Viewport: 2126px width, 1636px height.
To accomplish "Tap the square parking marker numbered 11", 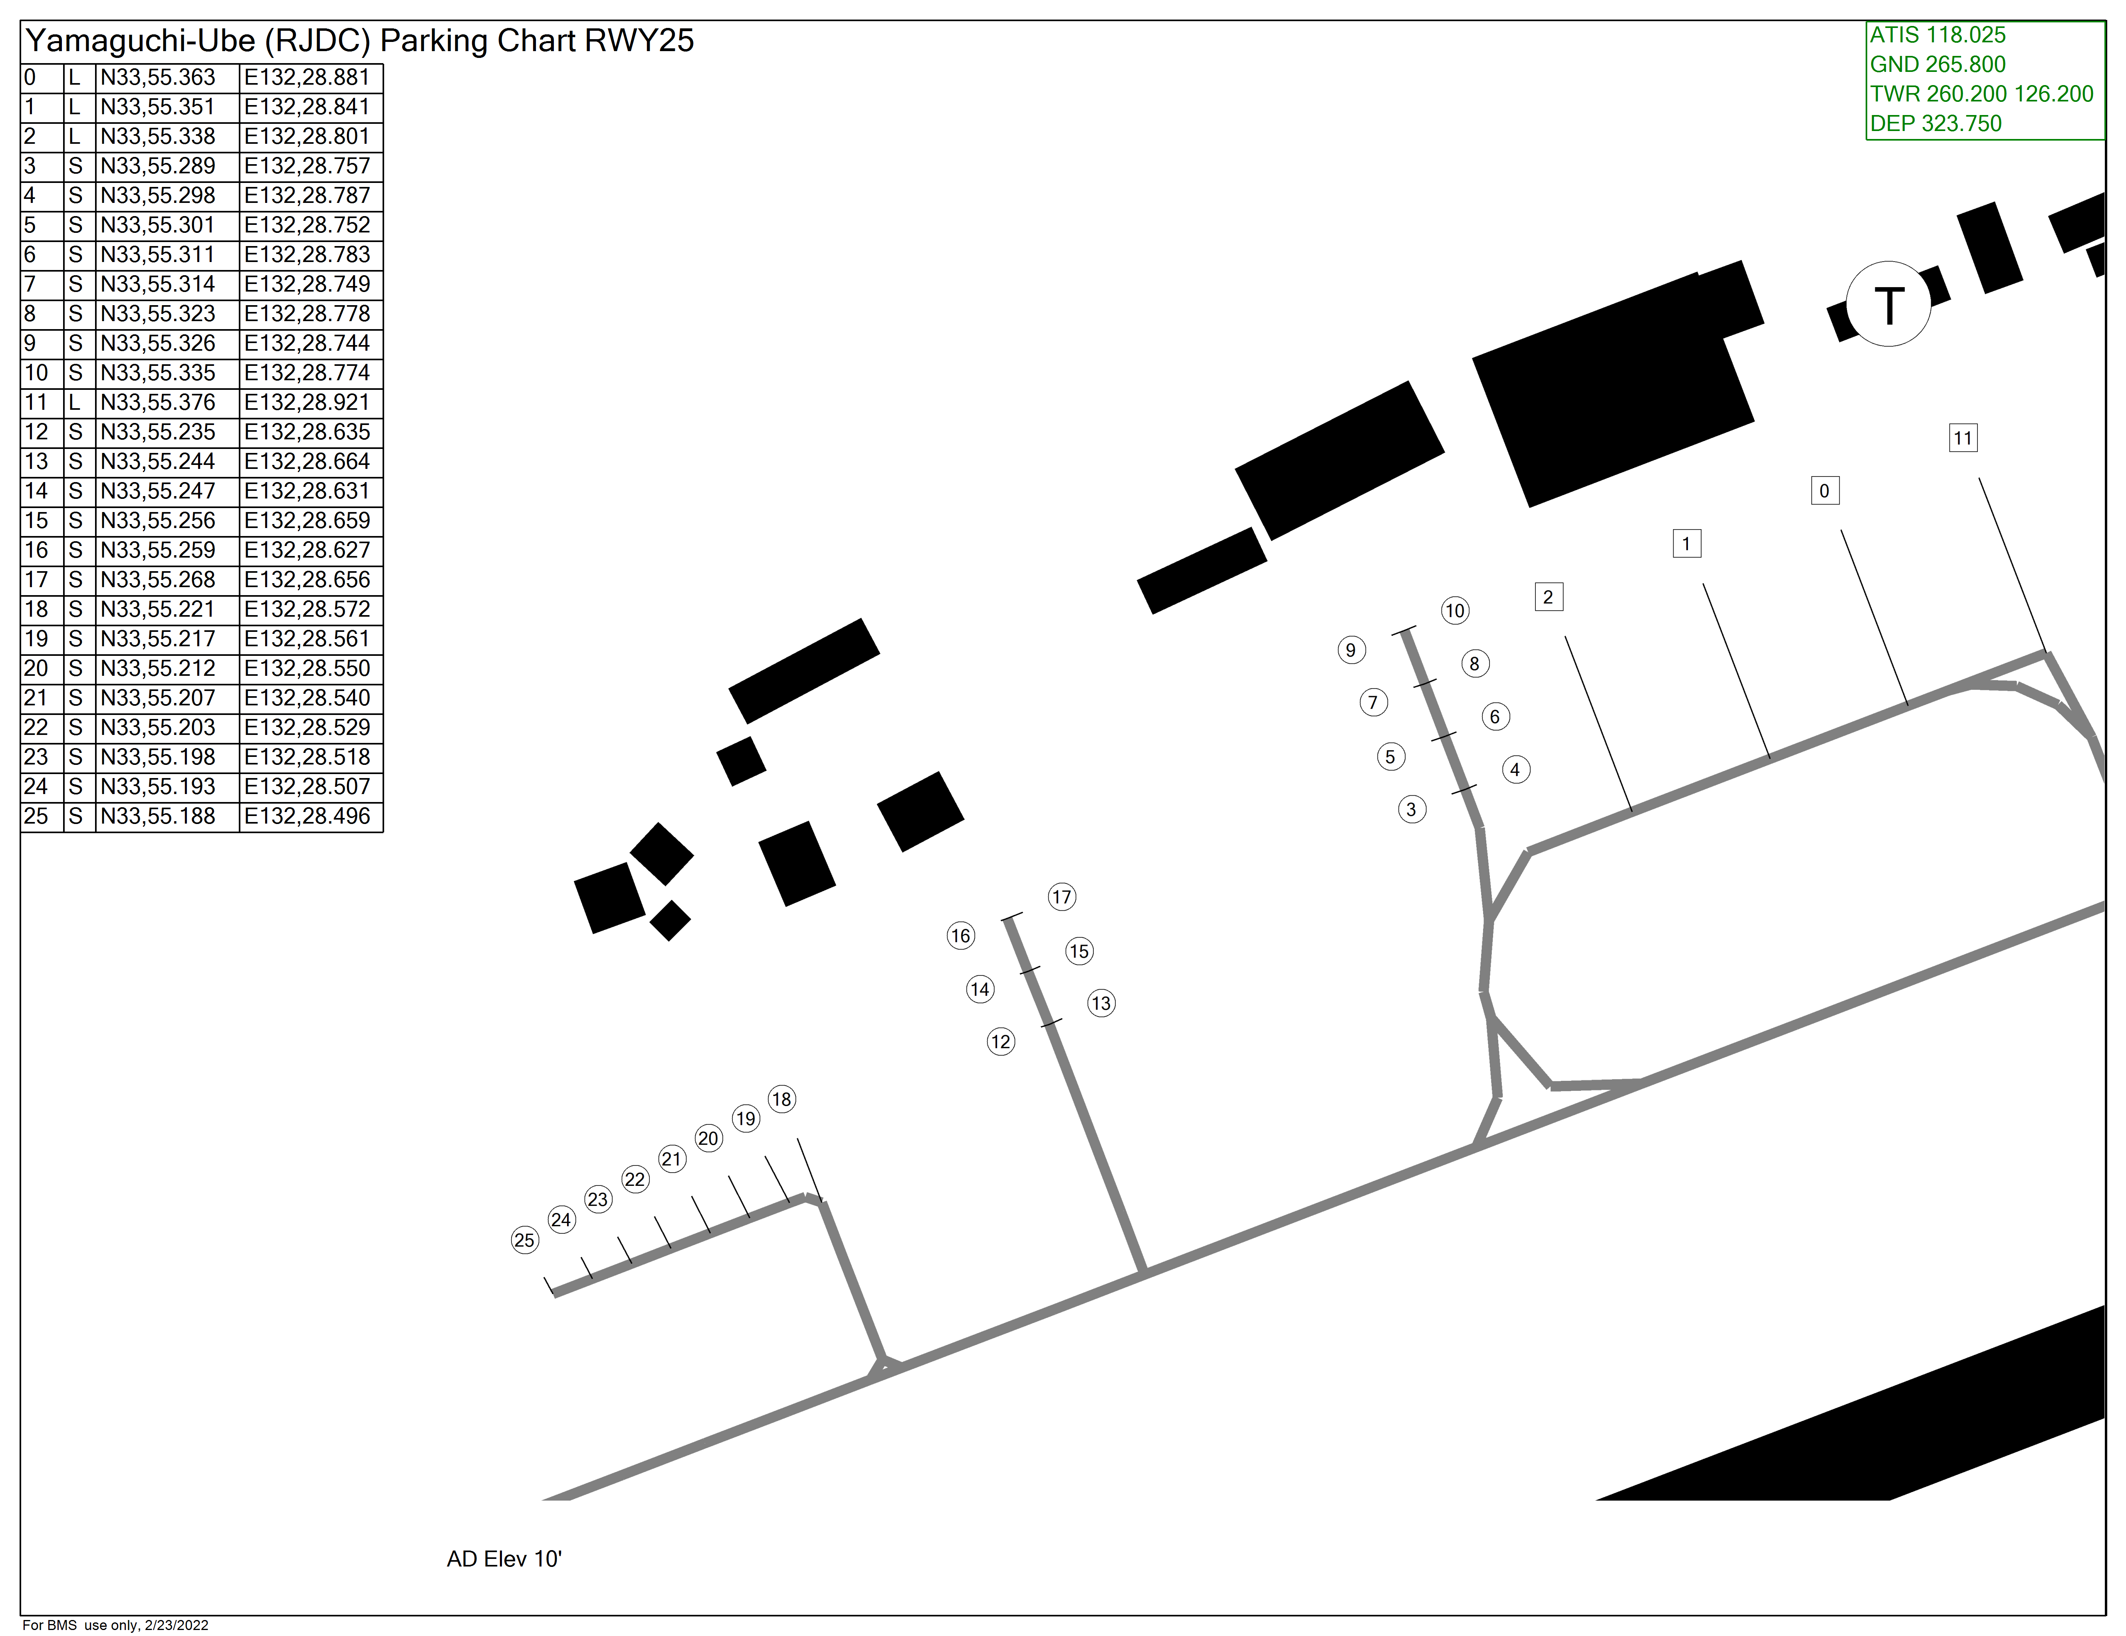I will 1962,438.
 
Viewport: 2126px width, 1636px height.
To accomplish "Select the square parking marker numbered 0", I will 1824,491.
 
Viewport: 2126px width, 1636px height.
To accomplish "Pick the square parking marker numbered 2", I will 1548,597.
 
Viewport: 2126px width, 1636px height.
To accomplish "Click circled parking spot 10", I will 1454,611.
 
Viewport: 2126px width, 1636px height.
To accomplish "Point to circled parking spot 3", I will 1412,809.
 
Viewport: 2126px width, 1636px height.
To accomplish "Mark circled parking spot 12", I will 1001,1042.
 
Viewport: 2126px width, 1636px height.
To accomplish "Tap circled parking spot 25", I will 525,1240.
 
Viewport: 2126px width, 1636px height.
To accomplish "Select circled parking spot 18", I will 781,1100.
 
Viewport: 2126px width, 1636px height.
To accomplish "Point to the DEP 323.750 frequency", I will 1935,124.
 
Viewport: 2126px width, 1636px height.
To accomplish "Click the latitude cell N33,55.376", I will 158,402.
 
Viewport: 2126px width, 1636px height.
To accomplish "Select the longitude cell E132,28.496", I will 307,816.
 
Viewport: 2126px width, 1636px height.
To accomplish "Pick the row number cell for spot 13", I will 37,462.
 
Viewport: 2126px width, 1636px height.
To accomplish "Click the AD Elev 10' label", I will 504,1559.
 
